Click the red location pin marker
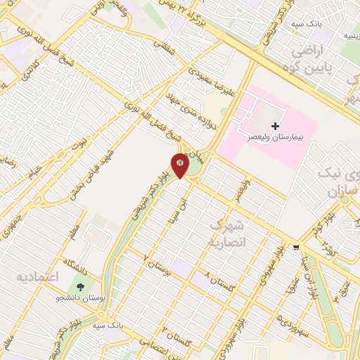pos(181,165)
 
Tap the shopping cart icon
pos(297,247)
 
